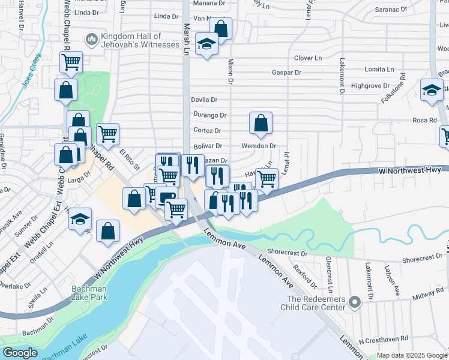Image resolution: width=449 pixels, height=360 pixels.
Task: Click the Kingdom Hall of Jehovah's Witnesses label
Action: pos(140,40)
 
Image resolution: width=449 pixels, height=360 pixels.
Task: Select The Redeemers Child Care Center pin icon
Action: pos(355,303)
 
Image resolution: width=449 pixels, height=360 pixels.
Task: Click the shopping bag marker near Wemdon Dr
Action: pos(261,123)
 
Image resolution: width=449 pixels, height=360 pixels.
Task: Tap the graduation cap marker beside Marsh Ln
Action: pos(206,44)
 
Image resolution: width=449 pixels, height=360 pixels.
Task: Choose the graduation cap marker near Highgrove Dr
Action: pos(431,90)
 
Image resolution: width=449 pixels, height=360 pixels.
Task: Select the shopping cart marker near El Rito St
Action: pos(108,134)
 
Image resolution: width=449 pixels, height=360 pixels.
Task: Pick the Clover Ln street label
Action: pos(308,58)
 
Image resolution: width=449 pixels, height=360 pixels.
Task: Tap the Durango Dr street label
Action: pos(209,115)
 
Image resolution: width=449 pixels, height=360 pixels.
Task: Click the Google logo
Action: pos(20,353)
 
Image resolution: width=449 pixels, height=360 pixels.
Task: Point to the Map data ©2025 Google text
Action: pos(411,355)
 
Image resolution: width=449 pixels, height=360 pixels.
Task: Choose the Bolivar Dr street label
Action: pos(208,146)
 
